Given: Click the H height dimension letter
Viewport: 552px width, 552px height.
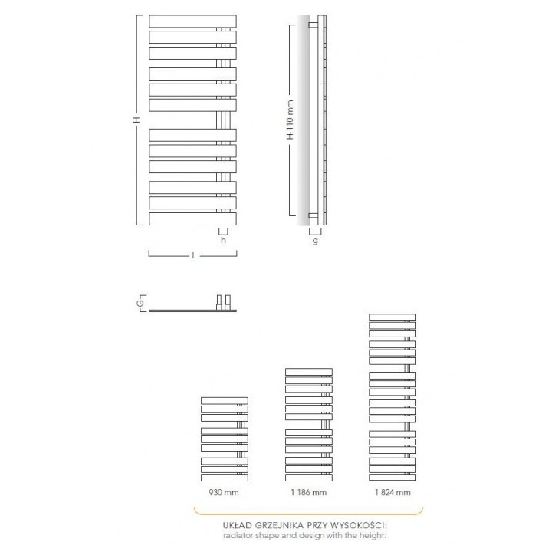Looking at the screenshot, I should [136, 121].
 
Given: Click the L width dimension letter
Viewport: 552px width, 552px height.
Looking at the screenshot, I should [193, 255].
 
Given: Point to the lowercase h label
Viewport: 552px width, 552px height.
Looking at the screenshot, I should [223, 239].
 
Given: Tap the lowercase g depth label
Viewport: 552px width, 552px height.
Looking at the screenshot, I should [315, 239].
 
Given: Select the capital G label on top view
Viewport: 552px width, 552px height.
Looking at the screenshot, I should [140, 304].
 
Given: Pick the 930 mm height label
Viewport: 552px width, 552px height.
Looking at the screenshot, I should [225, 492].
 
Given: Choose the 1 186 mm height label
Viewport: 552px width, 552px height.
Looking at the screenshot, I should [309, 492].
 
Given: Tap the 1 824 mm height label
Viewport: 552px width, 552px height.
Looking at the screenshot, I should [393, 492].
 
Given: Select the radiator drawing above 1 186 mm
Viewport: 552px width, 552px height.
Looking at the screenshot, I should [309, 425].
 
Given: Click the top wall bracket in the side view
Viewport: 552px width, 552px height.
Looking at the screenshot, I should [314, 25].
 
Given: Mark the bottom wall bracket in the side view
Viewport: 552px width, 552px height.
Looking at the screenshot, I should [314, 214].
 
